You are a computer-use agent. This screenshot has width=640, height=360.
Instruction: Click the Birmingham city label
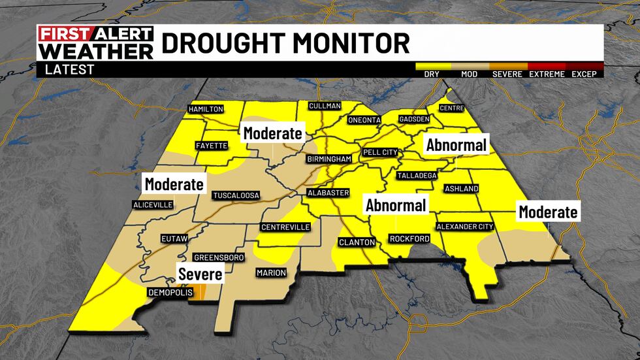tap(329, 159)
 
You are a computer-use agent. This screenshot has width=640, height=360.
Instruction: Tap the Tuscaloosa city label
tap(236, 195)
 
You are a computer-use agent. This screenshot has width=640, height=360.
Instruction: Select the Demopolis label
tap(170, 292)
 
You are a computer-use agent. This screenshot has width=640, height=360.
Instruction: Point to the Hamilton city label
tap(206, 109)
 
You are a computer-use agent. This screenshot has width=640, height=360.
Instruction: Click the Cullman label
tap(324, 105)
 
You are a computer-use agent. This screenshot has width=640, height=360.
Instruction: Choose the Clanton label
tap(357, 242)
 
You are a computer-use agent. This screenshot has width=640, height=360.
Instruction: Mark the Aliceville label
tap(153, 205)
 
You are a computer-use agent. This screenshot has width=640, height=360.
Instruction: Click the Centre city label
tap(451, 108)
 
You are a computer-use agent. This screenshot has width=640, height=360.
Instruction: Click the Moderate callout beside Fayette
tap(272, 134)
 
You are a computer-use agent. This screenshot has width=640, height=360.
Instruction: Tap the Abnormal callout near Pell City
tap(456, 145)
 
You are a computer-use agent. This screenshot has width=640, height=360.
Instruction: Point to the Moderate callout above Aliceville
tap(174, 184)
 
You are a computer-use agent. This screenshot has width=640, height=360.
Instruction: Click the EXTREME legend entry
tap(547, 74)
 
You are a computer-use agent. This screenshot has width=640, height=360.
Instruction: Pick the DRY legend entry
tap(431, 74)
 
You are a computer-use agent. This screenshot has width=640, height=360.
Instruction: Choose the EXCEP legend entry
tap(584, 74)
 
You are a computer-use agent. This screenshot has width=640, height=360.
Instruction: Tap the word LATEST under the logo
tap(69, 69)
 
